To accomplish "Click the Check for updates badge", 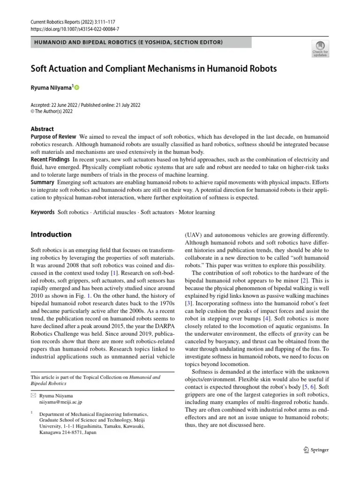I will coord(320,48).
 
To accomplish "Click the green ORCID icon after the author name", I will coord(77,88).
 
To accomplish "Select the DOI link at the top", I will coord(75,29).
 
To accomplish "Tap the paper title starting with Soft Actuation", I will coord(154,68).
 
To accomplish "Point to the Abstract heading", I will coord(42,129).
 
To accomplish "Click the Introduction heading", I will coord(51,234).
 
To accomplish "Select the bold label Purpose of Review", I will coord(52,136).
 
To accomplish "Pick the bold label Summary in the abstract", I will coord(43,182).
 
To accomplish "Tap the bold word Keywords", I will coord(43,212).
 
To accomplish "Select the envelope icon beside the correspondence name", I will coord(33,396).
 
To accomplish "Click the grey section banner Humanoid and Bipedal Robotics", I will coord(141,43).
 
